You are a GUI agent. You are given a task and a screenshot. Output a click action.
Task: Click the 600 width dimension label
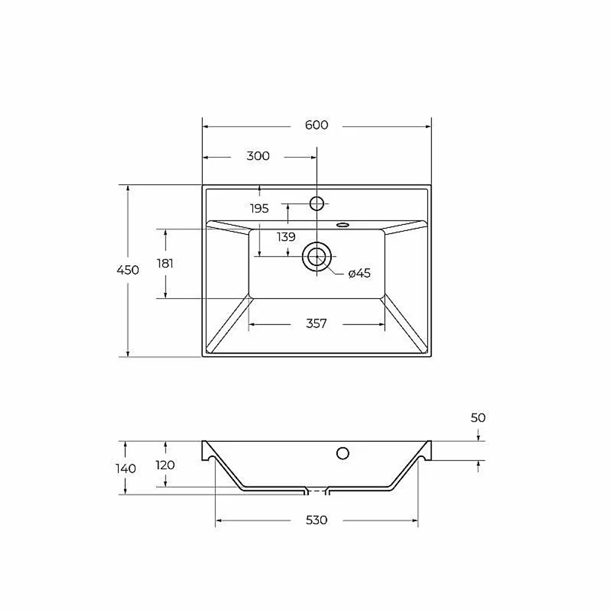(x=316, y=125)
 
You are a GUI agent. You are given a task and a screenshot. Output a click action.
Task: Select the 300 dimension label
(x=258, y=156)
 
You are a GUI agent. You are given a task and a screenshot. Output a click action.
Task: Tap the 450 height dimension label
(x=128, y=270)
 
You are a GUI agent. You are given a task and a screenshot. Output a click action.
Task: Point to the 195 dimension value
(x=260, y=209)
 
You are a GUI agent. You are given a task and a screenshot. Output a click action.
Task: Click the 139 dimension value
(x=287, y=237)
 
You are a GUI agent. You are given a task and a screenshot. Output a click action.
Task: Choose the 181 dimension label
(x=165, y=264)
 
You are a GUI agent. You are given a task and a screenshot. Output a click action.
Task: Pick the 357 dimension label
(x=316, y=324)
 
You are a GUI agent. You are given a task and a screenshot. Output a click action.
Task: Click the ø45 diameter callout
(x=359, y=274)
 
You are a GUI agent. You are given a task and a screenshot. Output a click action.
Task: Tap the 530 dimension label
(x=316, y=520)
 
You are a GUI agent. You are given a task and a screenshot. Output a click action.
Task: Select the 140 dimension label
(x=126, y=469)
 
